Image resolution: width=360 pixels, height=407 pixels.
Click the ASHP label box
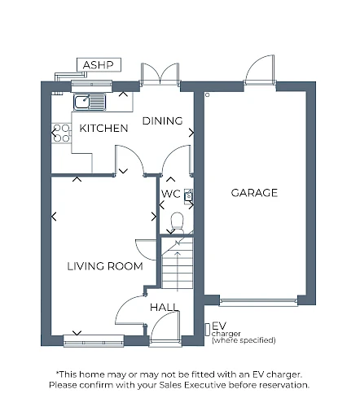click(99, 65)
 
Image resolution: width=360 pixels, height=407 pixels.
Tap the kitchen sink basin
click(82, 102)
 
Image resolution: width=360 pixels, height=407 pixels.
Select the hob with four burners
click(61, 133)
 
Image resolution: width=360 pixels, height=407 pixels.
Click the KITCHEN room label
click(103, 129)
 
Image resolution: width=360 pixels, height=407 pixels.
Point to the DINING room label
click(162, 121)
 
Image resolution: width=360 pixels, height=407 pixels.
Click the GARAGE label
click(254, 193)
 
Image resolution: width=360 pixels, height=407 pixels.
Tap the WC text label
click(170, 194)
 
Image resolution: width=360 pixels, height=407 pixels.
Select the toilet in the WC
click(177, 222)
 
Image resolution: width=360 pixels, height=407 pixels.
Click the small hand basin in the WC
click(188, 195)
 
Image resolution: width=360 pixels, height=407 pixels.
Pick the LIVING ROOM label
click(105, 266)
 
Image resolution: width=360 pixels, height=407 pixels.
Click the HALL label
click(165, 308)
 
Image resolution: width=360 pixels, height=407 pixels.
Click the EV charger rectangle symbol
click(208, 330)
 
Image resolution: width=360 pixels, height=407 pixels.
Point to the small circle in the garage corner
click(208, 95)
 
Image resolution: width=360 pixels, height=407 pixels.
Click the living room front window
click(94, 341)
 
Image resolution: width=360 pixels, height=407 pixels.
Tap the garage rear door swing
click(260, 69)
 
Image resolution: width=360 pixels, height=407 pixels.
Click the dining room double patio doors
click(160, 74)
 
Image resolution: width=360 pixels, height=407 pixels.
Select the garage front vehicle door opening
click(258, 301)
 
